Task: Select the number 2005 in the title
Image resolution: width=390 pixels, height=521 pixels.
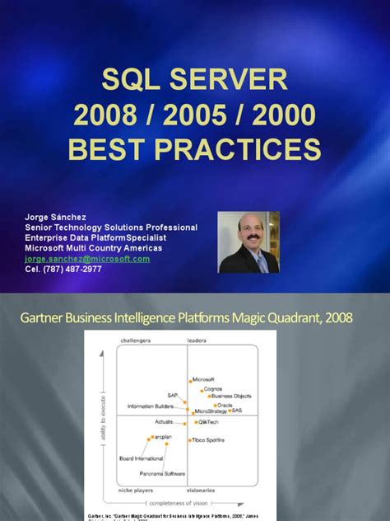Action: [194, 115]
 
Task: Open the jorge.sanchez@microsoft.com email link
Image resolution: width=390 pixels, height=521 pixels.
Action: [87, 258]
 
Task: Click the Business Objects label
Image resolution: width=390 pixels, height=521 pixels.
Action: [231, 396]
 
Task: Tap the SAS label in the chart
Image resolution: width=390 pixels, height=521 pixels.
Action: [237, 410]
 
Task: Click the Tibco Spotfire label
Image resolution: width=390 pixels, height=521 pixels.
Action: [210, 442]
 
